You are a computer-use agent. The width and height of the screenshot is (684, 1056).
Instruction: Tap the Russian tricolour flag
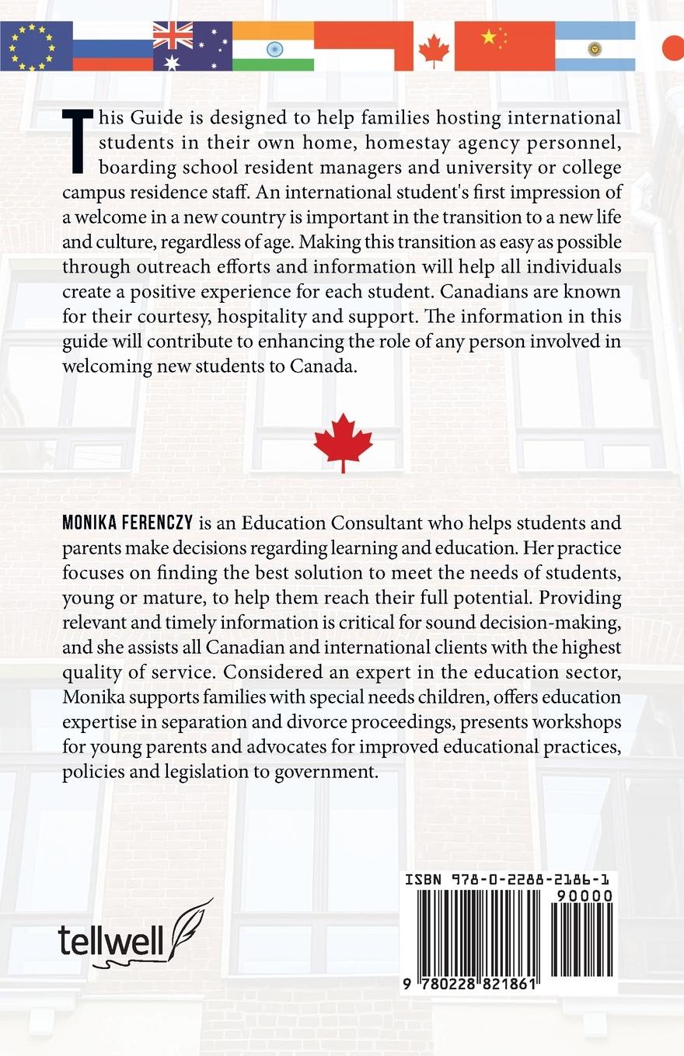tap(113, 46)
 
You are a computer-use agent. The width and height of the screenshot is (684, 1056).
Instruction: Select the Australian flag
tap(192, 46)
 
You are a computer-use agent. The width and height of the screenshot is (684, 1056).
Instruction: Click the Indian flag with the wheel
tap(274, 47)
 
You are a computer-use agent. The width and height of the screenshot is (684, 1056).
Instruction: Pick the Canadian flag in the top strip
tap(434, 47)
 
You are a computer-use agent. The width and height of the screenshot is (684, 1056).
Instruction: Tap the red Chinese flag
tap(504, 46)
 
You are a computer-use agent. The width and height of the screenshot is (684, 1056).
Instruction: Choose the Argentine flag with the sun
tap(595, 46)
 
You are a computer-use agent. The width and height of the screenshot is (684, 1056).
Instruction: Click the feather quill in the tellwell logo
tap(189, 929)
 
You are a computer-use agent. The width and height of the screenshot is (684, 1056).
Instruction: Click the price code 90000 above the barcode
tap(585, 896)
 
